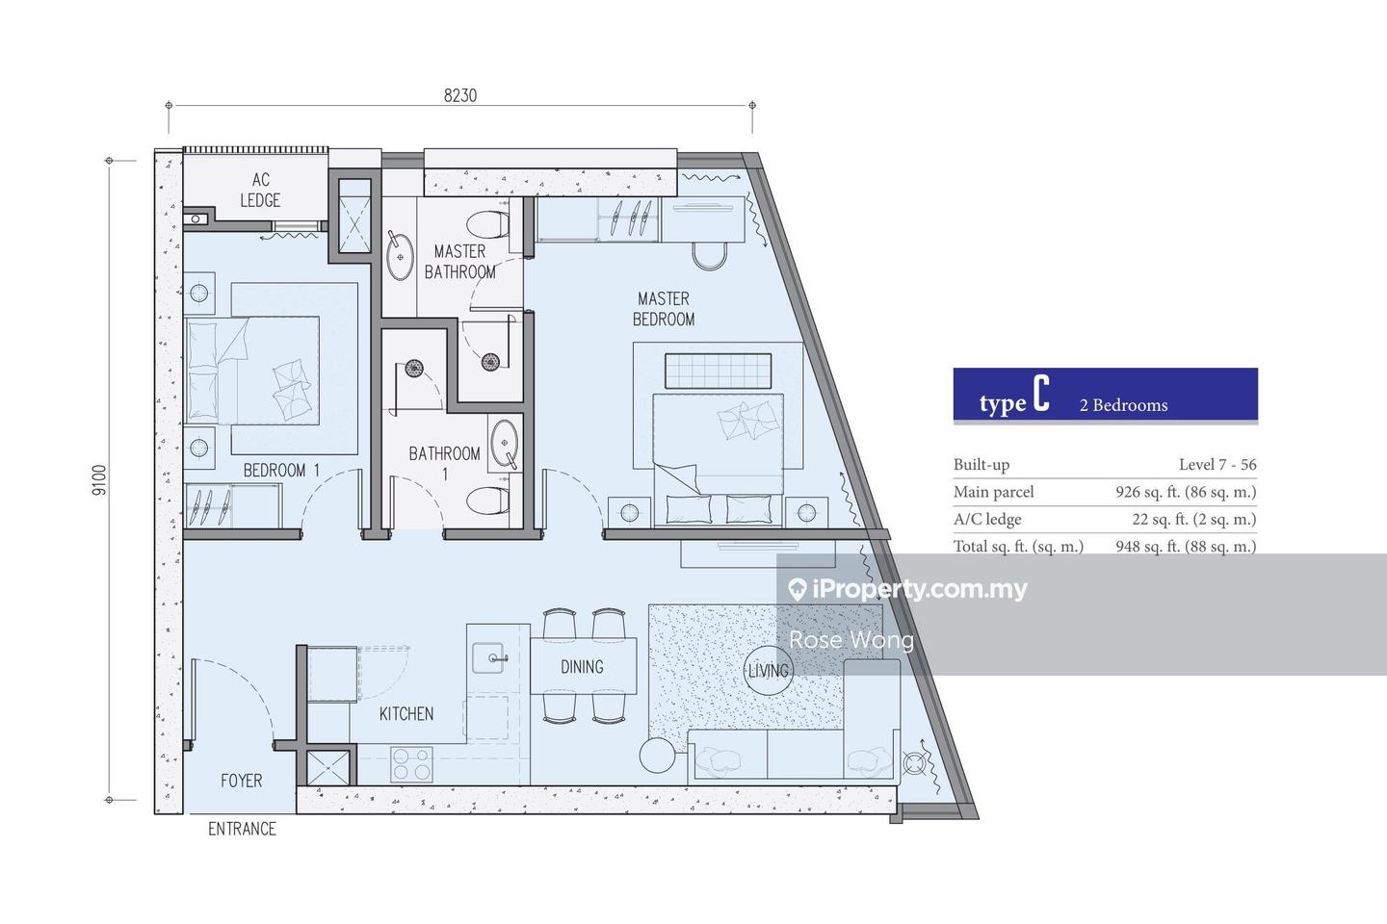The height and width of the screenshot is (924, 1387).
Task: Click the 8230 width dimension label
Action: pos(460,95)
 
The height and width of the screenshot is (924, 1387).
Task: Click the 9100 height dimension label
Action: pos(99,480)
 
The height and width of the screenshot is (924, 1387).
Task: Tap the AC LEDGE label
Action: pos(260,190)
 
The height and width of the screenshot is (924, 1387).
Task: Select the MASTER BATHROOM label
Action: pos(459,262)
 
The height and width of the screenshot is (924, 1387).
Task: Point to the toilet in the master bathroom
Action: pos(488,224)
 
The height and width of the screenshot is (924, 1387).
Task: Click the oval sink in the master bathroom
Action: pos(400,256)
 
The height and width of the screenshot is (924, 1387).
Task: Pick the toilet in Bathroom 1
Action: pos(488,500)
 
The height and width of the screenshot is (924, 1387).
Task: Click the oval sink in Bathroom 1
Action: pos(505,445)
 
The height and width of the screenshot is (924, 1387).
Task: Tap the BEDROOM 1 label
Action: pos(281,471)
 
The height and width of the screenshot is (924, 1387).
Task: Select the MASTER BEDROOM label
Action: pos(663,309)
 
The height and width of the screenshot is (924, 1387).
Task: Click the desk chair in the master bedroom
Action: pos(709,256)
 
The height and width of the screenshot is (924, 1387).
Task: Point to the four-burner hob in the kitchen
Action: pos(412,764)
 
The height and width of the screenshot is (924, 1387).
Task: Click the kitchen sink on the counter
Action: pos(488,658)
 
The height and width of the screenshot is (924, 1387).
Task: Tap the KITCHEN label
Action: pos(406,714)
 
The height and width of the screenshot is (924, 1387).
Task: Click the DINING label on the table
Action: pos(582,667)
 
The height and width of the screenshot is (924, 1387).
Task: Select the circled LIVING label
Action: pos(769,670)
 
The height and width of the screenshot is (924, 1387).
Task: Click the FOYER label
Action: pos(242,781)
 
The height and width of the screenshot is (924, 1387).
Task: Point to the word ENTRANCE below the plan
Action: pos(242,829)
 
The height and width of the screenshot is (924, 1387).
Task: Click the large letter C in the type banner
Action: pos(1041,394)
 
